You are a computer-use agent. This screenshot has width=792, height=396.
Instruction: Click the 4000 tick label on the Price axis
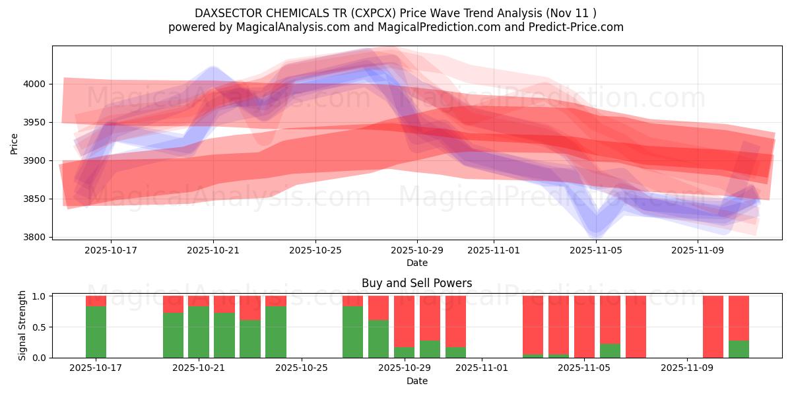pos(36,84)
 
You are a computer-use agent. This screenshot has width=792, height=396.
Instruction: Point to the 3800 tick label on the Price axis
pos(36,237)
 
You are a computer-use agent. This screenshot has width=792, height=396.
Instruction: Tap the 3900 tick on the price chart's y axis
pos(36,160)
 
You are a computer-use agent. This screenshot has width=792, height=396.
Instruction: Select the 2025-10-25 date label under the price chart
pos(315,251)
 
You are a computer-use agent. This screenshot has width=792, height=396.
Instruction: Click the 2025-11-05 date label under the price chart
pos(596,251)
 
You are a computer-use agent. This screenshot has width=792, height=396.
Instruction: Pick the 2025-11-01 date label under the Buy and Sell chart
pos(482,368)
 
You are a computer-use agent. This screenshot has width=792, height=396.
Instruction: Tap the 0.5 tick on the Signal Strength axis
pos(40,327)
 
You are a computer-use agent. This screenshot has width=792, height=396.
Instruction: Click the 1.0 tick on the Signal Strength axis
pos(40,296)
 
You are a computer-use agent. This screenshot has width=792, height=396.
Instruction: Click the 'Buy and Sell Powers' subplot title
pos(416,283)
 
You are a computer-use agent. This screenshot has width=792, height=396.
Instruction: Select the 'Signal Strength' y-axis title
pos(22,325)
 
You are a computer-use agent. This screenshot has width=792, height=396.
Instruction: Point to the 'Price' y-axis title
pos(15,143)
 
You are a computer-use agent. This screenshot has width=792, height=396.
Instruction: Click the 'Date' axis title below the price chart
pos(416,263)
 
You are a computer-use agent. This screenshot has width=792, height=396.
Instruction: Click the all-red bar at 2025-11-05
pos(584,327)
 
